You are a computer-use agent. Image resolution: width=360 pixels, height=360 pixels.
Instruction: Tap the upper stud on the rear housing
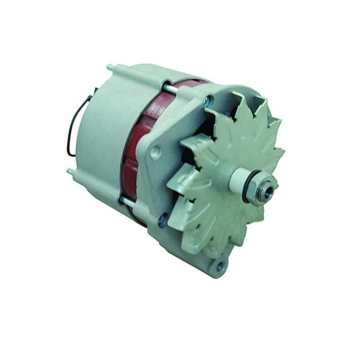point(110,68)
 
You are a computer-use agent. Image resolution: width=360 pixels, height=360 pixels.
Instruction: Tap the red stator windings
point(135,148)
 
